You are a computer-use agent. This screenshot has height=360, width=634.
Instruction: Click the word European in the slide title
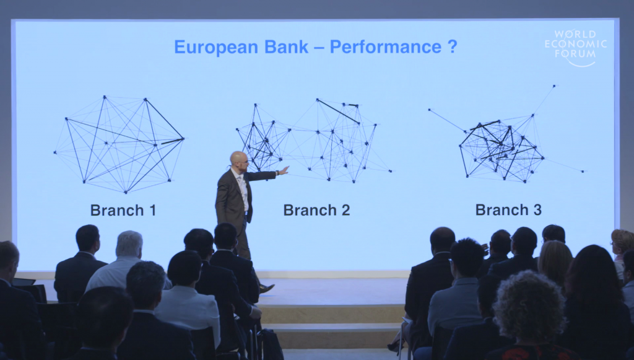click(216, 47)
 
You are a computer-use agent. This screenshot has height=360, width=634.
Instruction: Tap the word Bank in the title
click(287, 47)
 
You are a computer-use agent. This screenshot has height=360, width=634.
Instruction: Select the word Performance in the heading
click(385, 47)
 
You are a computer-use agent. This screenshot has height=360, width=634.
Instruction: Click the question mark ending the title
click(453, 47)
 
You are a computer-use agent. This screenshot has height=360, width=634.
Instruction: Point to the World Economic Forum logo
click(576, 47)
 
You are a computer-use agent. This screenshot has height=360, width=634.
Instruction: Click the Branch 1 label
click(123, 210)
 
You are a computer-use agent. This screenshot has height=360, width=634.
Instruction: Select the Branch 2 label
click(316, 210)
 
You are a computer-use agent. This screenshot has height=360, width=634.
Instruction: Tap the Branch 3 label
click(508, 209)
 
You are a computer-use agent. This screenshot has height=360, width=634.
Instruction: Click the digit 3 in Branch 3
click(537, 209)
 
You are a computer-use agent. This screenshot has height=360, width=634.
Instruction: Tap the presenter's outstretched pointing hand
click(284, 170)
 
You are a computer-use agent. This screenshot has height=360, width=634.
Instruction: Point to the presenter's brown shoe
click(267, 288)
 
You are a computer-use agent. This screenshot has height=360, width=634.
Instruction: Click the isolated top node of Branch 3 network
click(554, 86)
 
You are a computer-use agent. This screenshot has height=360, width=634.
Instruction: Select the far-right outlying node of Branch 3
click(583, 172)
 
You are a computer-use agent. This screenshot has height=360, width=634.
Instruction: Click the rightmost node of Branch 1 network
click(183, 139)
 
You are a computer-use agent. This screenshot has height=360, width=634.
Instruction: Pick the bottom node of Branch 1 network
click(125, 192)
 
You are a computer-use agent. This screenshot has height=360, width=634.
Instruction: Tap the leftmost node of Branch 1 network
click(54, 152)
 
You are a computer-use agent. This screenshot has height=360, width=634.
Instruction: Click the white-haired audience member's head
click(129, 244)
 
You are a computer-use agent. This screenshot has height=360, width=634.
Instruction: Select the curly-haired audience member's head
click(529, 299)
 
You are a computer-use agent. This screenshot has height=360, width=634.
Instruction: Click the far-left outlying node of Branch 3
click(430, 109)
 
